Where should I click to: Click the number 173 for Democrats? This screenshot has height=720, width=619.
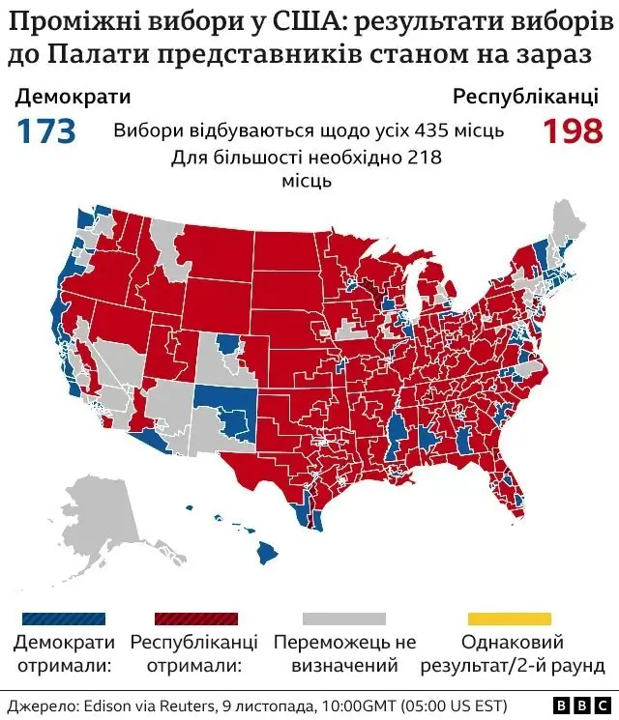pos(45,130)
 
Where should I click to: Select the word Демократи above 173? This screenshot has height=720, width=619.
pos(74,97)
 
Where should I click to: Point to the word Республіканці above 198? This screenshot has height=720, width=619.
pos(528,97)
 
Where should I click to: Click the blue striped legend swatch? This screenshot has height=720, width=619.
pos(64,618)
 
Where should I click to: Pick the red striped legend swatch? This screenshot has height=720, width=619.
pos(195,618)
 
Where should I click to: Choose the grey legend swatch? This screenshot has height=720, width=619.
pos(343,618)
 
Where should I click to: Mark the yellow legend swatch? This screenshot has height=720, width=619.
pos(509,618)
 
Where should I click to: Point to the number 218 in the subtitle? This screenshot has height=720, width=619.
pos(423,158)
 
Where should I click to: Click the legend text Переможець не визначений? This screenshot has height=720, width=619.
pos(344,653)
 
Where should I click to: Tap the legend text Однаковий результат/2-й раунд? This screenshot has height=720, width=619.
pos(509,653)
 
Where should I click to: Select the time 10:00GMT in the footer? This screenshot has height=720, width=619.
pos(345,705)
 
